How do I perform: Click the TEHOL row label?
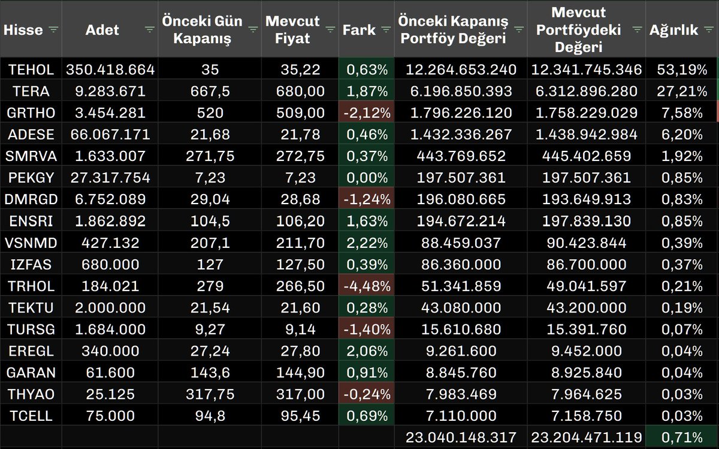(x=31, y=69)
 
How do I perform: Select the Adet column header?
(x=102, y=29)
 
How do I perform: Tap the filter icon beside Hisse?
(x=53, y=29)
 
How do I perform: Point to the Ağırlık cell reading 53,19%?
(x=678, y=69)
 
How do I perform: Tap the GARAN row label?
(x=31, y=372)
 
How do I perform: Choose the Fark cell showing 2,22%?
(x=367, y=242)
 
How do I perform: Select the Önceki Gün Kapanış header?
(x=202, y=29)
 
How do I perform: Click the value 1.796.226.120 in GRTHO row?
(x=461, y=113)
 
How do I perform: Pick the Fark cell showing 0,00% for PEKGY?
(x=367, y=177)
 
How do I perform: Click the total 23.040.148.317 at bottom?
(x=461, y=437)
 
